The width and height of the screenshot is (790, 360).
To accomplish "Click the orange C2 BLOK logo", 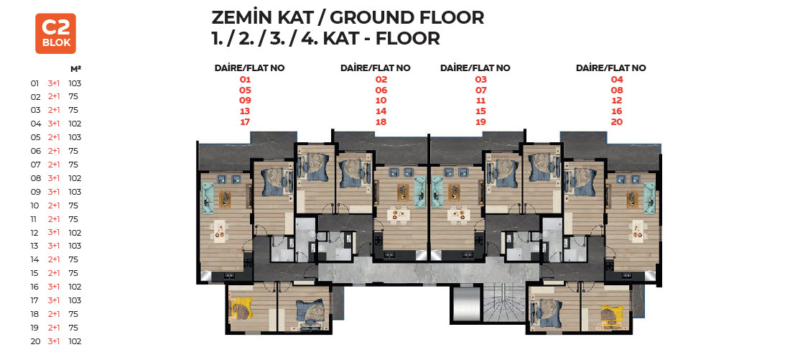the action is (x=55, y=33).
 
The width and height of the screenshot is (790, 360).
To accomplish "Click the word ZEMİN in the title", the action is (x=241, y=18).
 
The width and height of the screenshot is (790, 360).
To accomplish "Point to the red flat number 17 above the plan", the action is (x=245, y=122).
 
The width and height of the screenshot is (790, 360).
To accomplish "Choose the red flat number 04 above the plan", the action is (x=617, y=79).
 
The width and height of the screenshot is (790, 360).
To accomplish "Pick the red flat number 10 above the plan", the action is (x=381, y=101).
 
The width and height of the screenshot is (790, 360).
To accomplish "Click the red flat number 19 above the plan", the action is (x=480, y=122).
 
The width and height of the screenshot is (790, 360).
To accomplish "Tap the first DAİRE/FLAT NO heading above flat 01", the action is (x=249, y=68).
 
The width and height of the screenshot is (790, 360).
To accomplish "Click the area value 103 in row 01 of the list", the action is (x=75, y=83).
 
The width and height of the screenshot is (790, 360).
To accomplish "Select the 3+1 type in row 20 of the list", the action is (x=53, y=341).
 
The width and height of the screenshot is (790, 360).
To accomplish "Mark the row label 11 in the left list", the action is (x=34, y=219).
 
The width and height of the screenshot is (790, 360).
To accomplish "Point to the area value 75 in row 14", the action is (x=73, y=259).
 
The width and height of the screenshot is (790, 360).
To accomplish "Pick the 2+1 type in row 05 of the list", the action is (x=53, y=137).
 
